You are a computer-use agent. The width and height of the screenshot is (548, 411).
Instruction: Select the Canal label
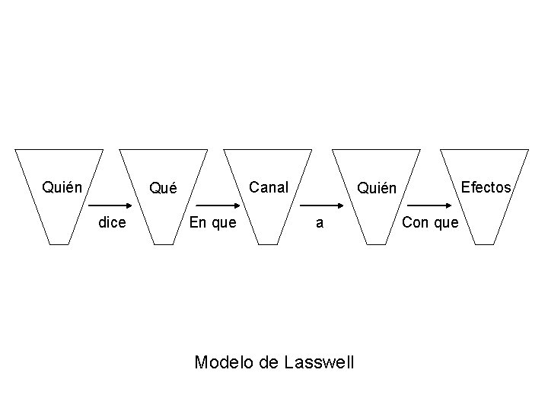(269, 186)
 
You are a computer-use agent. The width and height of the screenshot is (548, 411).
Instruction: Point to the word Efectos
(486, 187)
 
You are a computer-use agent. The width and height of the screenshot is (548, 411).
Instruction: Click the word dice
(112, 223)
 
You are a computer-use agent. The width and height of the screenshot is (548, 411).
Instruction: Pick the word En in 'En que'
(196, 223)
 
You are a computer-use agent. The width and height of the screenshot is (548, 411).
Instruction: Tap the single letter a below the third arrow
(320, 223)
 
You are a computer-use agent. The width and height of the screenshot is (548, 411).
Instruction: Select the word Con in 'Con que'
(416, 223)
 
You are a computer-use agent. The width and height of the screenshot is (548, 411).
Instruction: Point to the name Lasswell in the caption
(320, 362)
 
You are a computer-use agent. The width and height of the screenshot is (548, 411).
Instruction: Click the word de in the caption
(268, 362)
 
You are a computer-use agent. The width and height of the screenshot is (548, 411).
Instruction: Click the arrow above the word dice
(111, 206)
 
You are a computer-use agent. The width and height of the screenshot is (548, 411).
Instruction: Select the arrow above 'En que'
(217, 206)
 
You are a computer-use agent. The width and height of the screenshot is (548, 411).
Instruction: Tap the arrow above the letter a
(321, 206)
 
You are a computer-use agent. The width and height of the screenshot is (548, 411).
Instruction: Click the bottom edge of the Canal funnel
(269, 244)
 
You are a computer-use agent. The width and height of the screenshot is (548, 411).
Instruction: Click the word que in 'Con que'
(444, 223)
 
